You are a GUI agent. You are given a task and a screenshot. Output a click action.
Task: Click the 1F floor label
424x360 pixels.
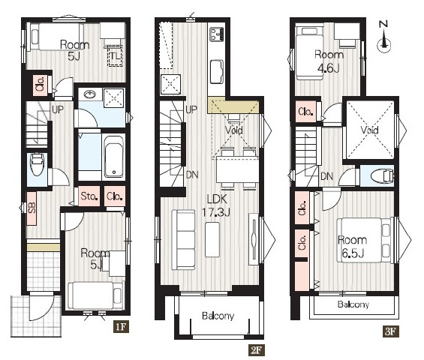coord(121,326)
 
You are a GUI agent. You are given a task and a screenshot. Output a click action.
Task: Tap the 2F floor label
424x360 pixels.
coord(256,350)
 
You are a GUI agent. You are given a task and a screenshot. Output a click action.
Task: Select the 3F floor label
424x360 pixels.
coord(391,331)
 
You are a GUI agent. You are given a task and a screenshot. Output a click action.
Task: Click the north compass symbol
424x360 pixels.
coord(384,37)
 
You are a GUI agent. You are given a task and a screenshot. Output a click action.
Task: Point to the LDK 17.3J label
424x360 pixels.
coord(217,205)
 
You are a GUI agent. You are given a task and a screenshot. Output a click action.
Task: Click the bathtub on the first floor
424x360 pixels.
coord(114,157)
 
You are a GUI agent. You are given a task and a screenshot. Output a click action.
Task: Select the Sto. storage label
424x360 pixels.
coord(89,196)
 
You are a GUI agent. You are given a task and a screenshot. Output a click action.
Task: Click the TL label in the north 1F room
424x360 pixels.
coord(116,56)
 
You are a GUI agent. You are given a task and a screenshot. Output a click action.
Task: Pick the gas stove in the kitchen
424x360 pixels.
coord(217,34)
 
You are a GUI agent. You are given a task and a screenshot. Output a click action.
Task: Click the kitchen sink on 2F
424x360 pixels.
coord(217,72)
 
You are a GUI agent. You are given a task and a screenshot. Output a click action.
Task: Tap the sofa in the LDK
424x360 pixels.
coord(184,240)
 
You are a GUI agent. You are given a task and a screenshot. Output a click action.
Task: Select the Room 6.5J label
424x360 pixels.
coord(353,246)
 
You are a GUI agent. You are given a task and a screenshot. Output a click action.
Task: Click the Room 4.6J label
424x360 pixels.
coord(329,61)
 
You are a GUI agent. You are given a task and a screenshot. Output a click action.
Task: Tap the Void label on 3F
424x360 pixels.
coord(370,130)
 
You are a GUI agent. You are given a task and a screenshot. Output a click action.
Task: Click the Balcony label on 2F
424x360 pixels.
coord(218,316)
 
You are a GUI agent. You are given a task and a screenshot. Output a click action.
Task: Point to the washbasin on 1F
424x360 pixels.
coord(90,94)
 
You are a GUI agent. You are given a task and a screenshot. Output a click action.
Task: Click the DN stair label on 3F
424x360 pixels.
coord(326,176)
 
